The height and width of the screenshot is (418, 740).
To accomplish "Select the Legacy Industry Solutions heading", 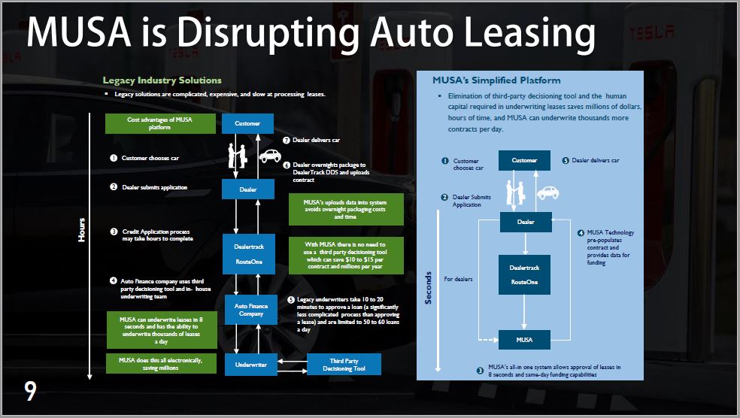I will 162,80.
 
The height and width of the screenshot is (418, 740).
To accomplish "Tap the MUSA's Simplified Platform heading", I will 496,80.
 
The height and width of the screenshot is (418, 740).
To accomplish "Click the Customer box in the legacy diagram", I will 247,123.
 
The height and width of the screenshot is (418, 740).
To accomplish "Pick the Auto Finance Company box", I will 252,308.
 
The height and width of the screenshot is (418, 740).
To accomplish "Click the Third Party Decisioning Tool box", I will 344,365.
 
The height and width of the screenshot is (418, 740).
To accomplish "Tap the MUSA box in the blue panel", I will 524,340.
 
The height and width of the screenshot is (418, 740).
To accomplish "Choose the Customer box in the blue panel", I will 524,160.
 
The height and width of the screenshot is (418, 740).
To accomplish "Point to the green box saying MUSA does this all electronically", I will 160,364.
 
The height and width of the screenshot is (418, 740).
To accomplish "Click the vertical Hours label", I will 82,230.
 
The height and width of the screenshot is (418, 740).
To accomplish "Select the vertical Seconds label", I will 429,287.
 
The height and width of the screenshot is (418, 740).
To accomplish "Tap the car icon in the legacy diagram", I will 269,156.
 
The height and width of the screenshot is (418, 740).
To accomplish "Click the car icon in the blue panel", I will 550,192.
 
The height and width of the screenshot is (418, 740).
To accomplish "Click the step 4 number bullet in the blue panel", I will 581,233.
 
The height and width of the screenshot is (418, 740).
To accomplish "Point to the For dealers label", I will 459,279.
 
